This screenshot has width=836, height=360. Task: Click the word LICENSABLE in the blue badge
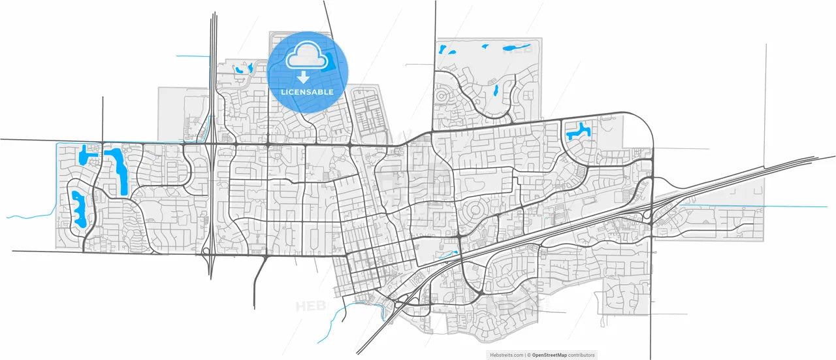307,92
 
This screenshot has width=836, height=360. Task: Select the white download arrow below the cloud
304,78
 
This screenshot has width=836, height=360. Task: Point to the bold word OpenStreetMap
549,355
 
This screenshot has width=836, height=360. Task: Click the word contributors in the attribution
582,355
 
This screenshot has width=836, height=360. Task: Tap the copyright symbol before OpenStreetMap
528,355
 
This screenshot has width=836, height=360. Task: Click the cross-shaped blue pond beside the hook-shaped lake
85,155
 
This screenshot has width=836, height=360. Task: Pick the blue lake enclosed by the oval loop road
79,208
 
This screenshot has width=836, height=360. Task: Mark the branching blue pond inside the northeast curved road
577,131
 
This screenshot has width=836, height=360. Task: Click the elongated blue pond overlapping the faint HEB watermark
515,48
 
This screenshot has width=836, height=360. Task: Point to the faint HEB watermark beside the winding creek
311,306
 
